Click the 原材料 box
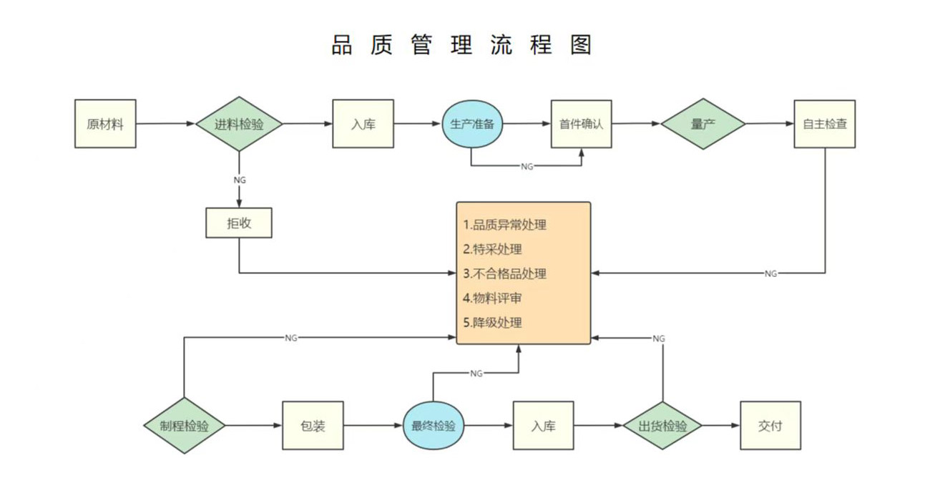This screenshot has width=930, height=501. pyautogui.click(x=105, y=124)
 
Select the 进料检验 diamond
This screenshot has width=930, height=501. pyautogui.click(x=239, y=124)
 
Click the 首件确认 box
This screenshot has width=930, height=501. pyautogui.click(x=581, y=124)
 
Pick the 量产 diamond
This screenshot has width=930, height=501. pyautogui.click(x=703, y=124)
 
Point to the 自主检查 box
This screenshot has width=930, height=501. pyautogui.click(x=825, y=124)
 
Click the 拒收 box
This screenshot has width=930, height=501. pyautogui.click(x=239, y=223)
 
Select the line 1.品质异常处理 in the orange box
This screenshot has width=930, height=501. pyautogui.click(x=504, y=225)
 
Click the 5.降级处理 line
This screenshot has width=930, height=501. pyautogui.click(x=492, y=322)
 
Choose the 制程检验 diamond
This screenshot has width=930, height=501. pyautogui.click(x=185, y=426)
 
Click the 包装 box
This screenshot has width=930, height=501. pyautogui.click(x=313, y=426)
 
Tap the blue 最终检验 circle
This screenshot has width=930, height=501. pyautogui.click(x=433, y=426)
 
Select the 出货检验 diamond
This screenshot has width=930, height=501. pyautogui.click(x=662, y=426)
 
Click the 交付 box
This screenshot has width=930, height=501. pyautogui.click(x=770, y=426)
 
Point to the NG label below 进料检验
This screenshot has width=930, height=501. pyautogui.click(x=239, y=180)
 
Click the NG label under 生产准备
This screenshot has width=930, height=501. pyautogui.click(x=527, y=166)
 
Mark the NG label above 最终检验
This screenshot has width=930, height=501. pyautogui.click(x=476, y=373)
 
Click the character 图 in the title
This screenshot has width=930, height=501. pyautogui.click(x=582, y=44)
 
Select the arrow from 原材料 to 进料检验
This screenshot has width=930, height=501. pyautogui.click(x=165, y=124)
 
